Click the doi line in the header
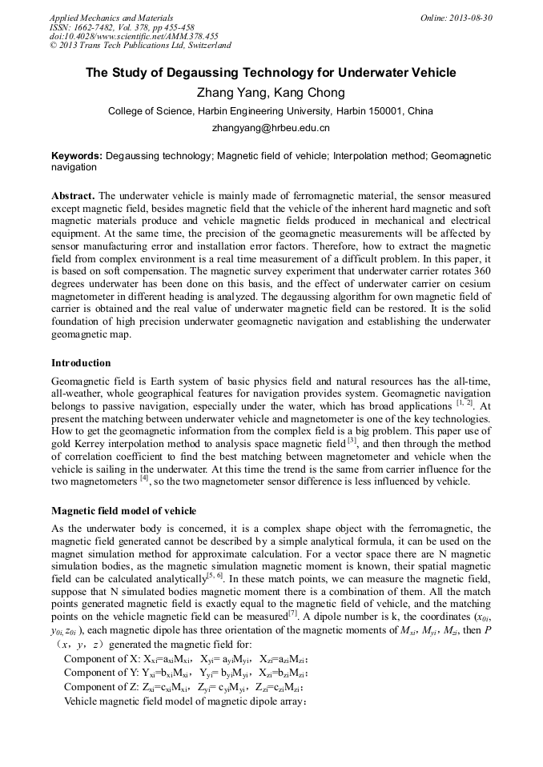point(134,36)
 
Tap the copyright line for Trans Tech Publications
point(140,46)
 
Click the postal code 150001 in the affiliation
point(388,111)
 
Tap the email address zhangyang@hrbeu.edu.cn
point(271,128)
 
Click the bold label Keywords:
point(77,156)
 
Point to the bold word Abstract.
point(73,196)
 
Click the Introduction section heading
point(81,363)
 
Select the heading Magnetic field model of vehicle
point(123,511)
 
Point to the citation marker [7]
point(293,613)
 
